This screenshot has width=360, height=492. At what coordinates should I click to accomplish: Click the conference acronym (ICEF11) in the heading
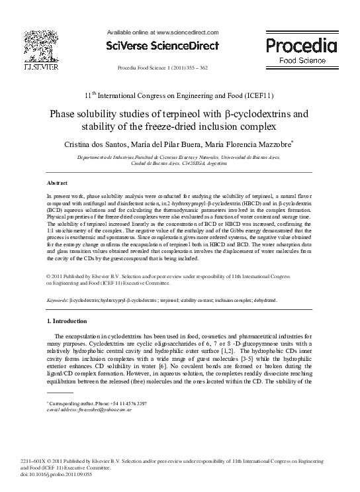[237, 95]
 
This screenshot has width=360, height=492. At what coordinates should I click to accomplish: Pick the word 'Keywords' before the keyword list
[57, 300]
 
